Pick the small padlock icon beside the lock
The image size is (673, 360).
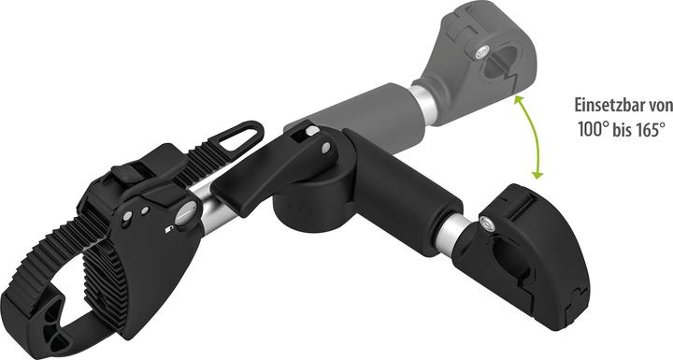(x=169, y=228)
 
